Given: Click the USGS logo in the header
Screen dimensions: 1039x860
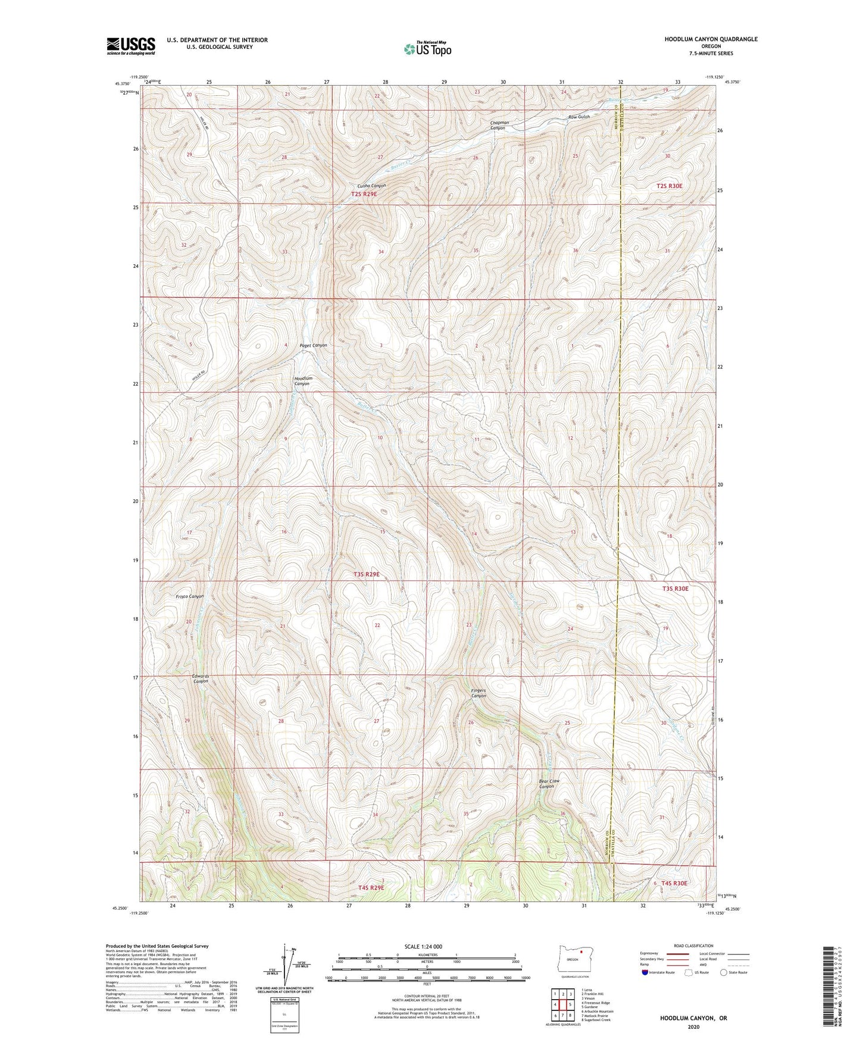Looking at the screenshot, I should pyautogui.click(x=131, y=46).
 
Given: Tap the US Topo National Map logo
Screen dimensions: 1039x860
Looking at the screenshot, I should pyautogui.click(x=427, y=49).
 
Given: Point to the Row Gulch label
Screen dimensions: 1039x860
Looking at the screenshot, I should pyautogui.click(x=578, y=117).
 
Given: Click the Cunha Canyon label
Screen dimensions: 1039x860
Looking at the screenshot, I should pyautogui.click(x=371, y=186).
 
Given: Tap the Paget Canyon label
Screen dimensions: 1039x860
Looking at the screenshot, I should pyautogui.click(x=313, y=346).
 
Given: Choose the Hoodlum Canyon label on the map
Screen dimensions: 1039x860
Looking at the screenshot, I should pyautogui.click(x=303, y=381).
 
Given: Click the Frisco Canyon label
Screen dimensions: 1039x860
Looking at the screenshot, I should pyautogui.click(x=190, y=596).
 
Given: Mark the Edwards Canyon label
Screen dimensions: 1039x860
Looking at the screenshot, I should pyautogui.click(x=201, y=679).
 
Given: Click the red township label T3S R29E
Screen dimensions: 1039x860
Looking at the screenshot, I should pyautogui.click(x=366, y=574).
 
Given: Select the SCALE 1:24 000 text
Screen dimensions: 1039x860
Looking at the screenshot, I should pyautogui.click(x=423, y=946).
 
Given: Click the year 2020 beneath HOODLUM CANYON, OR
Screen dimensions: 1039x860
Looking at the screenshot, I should pyautogui.click(x=693, y=1027).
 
